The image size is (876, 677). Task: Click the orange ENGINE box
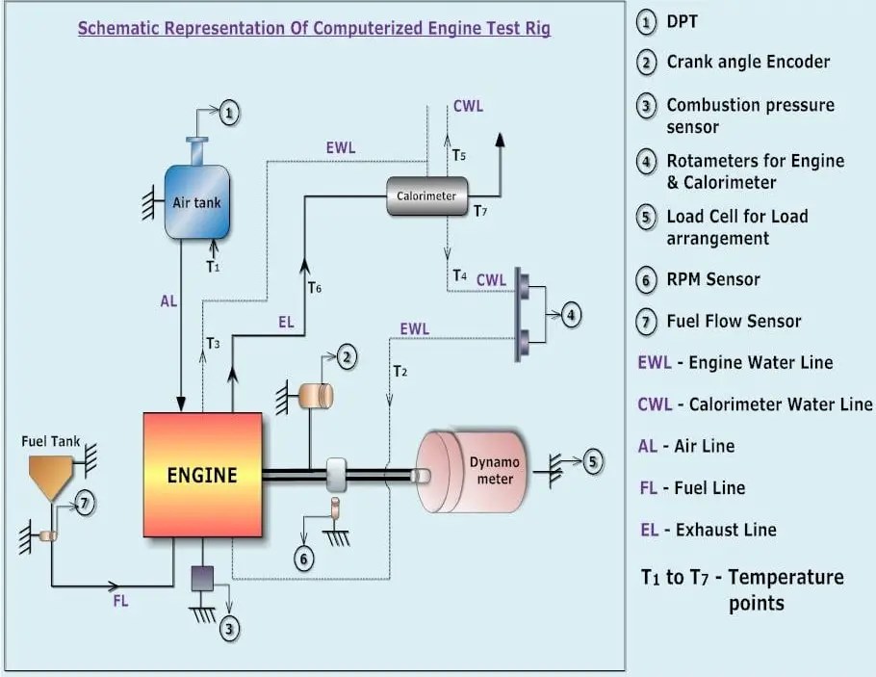click(203, 474)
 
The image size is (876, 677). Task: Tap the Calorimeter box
click(427, 196)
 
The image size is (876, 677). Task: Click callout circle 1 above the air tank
click(228, 114)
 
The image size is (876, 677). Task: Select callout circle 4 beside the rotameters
click(572, 315)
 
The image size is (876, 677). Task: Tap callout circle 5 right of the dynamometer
click(592, 462)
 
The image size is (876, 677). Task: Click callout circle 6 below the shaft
click(304, 559)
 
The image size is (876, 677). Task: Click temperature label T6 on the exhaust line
click(314, 287)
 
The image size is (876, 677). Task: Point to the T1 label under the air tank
click(213, 267)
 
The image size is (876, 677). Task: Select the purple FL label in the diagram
click(120, 601)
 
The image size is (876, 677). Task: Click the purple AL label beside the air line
click(168, 301)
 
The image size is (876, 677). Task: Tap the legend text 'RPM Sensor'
click(712, 279)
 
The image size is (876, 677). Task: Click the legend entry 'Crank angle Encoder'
click(748, 62)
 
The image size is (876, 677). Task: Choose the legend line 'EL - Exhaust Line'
click(708, 530)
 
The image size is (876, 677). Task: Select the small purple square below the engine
click(201, 577)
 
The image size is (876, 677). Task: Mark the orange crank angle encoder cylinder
click(315, 395)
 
